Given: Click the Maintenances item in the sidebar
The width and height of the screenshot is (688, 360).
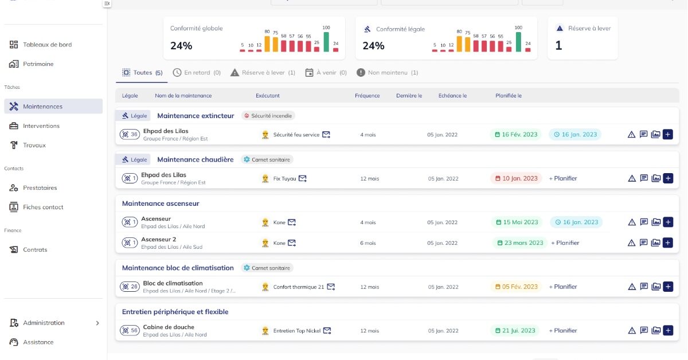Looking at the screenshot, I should (43, 107).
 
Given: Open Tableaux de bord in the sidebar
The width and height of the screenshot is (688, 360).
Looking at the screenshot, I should (47, 45).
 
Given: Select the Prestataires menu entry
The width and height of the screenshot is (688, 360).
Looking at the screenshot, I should (40, 188).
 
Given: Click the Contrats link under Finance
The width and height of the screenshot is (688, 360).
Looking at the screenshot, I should (35, 250).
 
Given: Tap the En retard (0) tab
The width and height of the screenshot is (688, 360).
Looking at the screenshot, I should (197, 73).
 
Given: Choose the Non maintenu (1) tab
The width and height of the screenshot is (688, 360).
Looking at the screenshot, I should (387, 73).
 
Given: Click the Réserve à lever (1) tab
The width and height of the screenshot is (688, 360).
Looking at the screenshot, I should (263, 73).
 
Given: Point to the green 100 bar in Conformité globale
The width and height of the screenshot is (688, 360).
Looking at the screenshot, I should (326, 42).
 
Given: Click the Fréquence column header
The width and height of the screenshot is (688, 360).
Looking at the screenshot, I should (367, 96).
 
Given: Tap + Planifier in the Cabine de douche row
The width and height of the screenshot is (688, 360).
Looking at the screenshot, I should (562, 331).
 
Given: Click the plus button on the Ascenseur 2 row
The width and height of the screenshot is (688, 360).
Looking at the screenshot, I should (667, 243).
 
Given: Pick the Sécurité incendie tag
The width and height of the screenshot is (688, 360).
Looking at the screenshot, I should (268, 116).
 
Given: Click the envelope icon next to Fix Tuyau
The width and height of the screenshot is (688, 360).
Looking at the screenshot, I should (302, 178).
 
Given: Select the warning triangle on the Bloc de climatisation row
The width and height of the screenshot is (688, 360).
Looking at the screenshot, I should (632, 287).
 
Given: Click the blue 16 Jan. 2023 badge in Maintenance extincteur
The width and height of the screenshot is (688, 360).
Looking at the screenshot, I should (575, 135).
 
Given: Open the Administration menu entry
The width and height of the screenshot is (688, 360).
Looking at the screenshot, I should (44, 323).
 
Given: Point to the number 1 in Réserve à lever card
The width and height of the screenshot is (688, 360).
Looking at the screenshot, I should (558, 46).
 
